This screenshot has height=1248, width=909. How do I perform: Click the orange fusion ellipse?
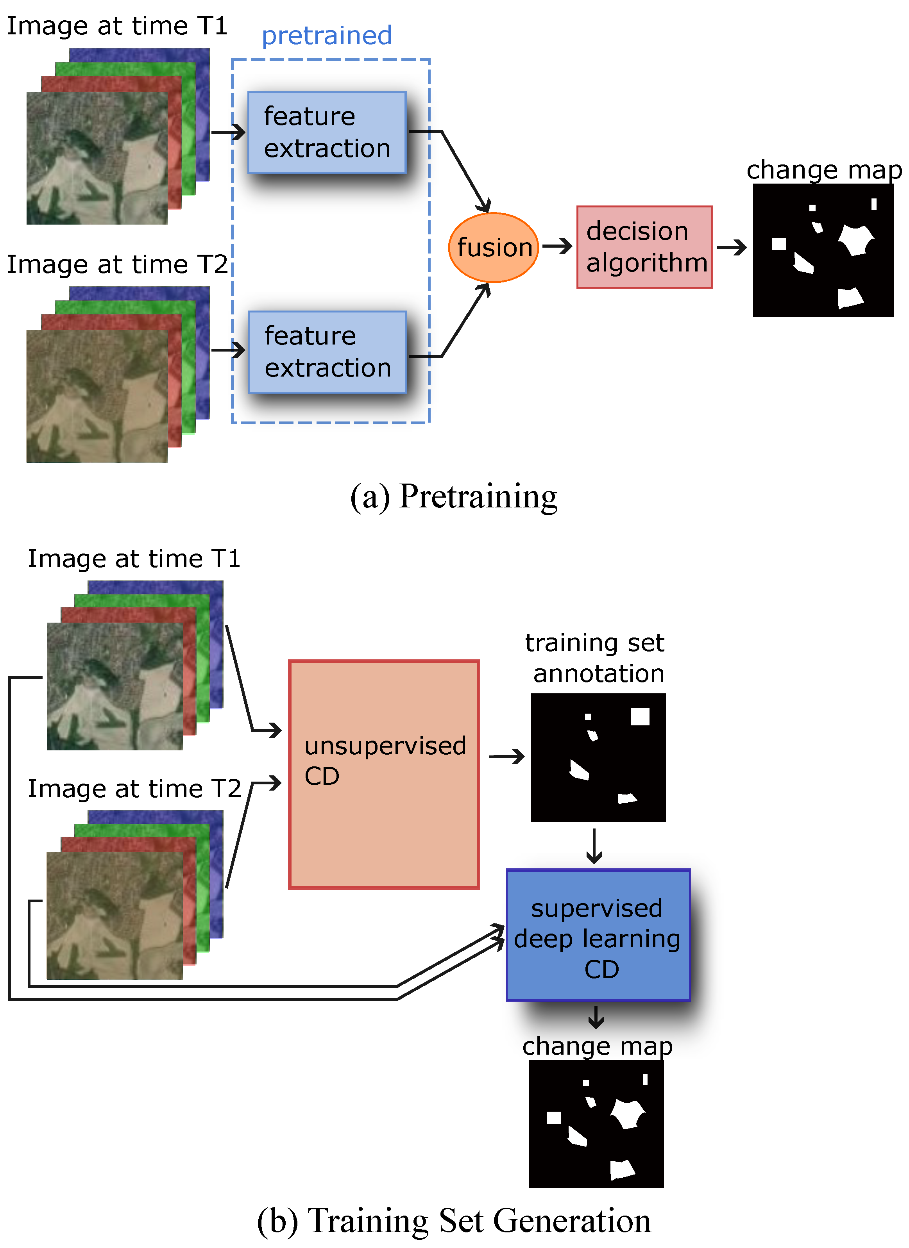[x=493, y=248]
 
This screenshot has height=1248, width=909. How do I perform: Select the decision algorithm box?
[x=644, y=247]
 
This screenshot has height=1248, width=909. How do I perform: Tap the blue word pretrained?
[x=326, y=36]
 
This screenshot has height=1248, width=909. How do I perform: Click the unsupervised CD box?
[x=384, y=774]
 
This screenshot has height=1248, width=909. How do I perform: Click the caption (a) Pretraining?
[x=454, y=496]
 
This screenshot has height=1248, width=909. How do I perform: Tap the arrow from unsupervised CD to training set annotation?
[x=506, y=757]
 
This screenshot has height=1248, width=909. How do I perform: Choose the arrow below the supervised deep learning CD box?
[x=596, y=1017]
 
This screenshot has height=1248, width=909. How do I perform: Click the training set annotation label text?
[x=596, y=658]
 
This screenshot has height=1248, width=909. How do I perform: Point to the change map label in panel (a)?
[x=824, y=170]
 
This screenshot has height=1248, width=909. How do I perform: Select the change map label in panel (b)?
[x=598, y=1046]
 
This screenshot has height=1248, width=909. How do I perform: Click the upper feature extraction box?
[x=327, y=133]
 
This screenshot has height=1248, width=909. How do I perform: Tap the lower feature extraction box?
[x=327, y=352]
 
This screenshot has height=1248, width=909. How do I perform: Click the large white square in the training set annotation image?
[x=640, y=716]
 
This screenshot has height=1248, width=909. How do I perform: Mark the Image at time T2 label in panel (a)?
[x=117, y=265]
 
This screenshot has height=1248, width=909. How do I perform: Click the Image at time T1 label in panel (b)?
[x=134, y=559]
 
